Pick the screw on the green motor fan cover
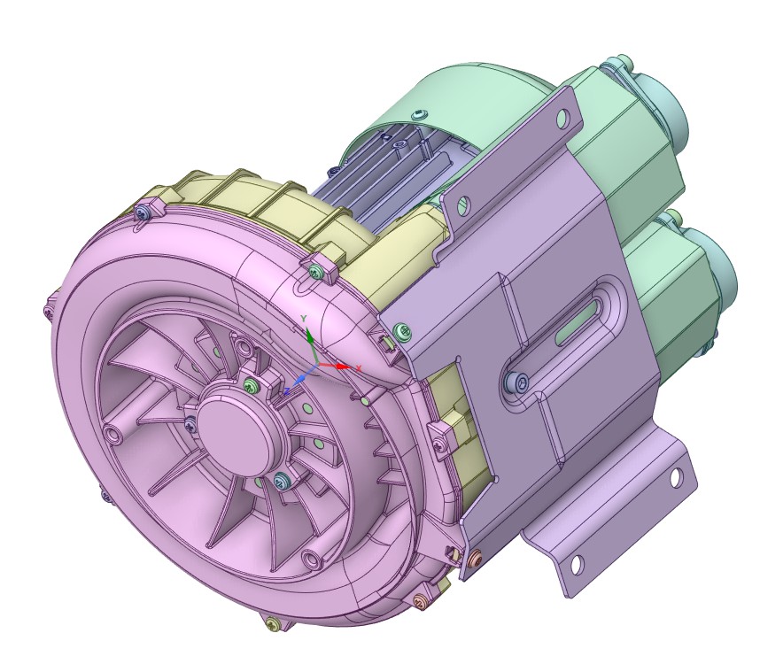[x=419, y=113]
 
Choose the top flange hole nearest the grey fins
[x=458, y=205]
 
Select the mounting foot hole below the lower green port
[x=677, y=479]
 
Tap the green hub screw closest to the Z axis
[x=252, y=384]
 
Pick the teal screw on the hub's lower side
[x=282, y=481]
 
